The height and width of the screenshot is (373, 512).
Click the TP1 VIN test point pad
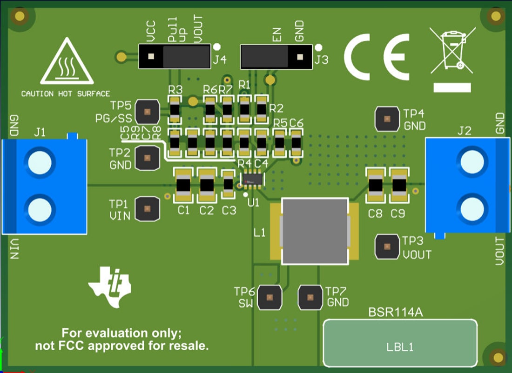[147, 208]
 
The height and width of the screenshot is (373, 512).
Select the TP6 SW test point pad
[269, 297]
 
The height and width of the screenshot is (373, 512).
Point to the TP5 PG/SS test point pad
[147, 112]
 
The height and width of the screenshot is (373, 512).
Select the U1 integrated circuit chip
[253, 179]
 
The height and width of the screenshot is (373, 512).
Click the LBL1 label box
[400, 343]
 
